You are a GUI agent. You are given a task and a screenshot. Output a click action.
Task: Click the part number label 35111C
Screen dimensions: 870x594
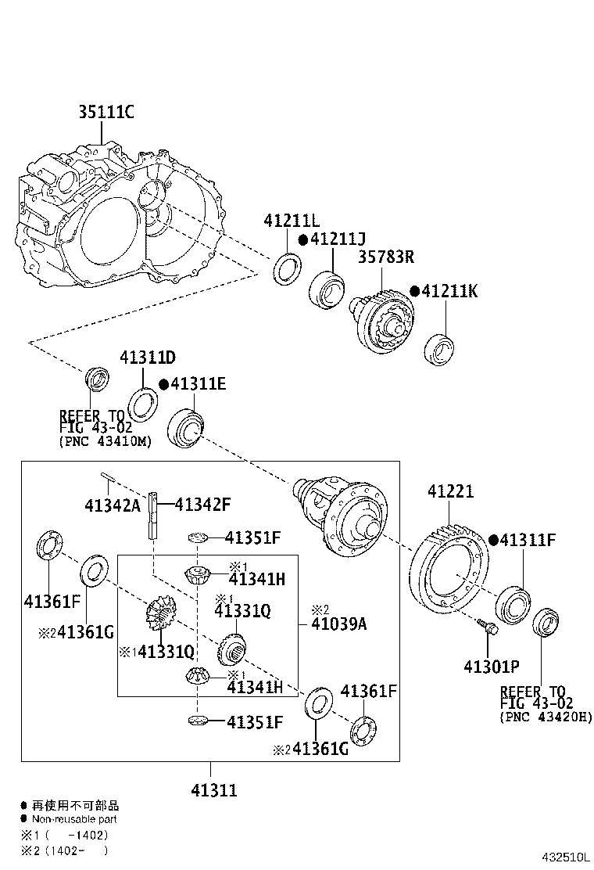coord(106,113)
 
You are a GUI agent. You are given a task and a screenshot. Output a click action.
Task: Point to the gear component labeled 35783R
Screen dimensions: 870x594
coord(382,321)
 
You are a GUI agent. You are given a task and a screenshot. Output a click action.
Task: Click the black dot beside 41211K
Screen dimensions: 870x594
coord(415,291)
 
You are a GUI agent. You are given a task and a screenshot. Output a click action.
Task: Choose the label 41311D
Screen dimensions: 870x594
coord(147,358)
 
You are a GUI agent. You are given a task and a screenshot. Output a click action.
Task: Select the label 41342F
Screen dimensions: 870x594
coord(202,505)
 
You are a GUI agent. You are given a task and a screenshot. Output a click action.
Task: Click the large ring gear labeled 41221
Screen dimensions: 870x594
coord(449,564)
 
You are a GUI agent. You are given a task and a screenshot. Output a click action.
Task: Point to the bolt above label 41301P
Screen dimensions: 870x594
coord(487,627)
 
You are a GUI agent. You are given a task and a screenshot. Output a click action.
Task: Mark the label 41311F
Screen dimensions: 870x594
coord(528,540)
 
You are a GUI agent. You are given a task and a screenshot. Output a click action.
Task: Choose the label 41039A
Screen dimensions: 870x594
coord(339,624)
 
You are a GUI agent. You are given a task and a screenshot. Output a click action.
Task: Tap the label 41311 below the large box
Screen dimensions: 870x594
coord(213,790)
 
